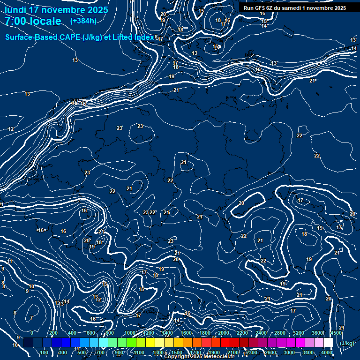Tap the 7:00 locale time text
[x=33, y=21]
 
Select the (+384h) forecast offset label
[x=83, y=21]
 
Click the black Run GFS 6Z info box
[x=294, y=8]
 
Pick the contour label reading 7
[x=31, y=318]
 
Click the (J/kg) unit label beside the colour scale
[x=346, y=343]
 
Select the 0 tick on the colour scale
[x=31, y=333]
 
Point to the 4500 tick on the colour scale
[x=336, y=333]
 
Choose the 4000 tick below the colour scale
[x=327, y=352]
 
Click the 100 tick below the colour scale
[x=45, y=352]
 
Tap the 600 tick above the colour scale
[x=91, y=333]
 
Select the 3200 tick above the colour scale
[x=298, y=333]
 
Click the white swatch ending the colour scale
[x=328, y=343]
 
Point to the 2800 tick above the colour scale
[x=279, y=333]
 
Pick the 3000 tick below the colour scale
[x=289, y=352]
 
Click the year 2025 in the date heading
[x=97, y=10]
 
